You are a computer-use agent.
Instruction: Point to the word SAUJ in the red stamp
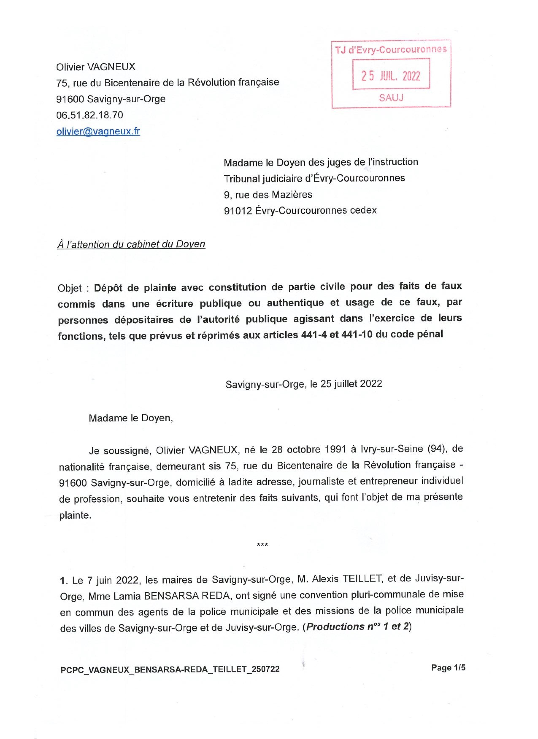coord(391,97)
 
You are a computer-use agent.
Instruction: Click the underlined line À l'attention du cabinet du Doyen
coord(131,244)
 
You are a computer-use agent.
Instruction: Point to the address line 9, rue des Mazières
coord(268,194)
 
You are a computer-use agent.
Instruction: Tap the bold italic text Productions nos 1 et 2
coord(358,627)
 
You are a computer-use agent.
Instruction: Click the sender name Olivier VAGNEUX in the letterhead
coord(96,67)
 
